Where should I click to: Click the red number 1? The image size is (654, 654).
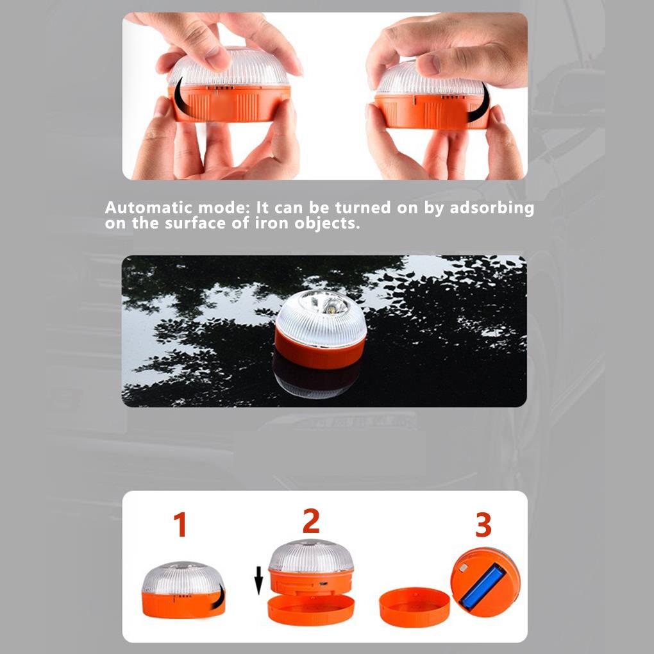pyautogui.click(x=181, y=524)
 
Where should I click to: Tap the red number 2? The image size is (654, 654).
pyautogui.click(x=311, y=521)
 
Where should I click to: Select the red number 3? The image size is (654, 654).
pyautogui.click(x=483, y=525)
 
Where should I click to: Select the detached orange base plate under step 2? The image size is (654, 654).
pyautogui.click(x=310, y=609)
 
